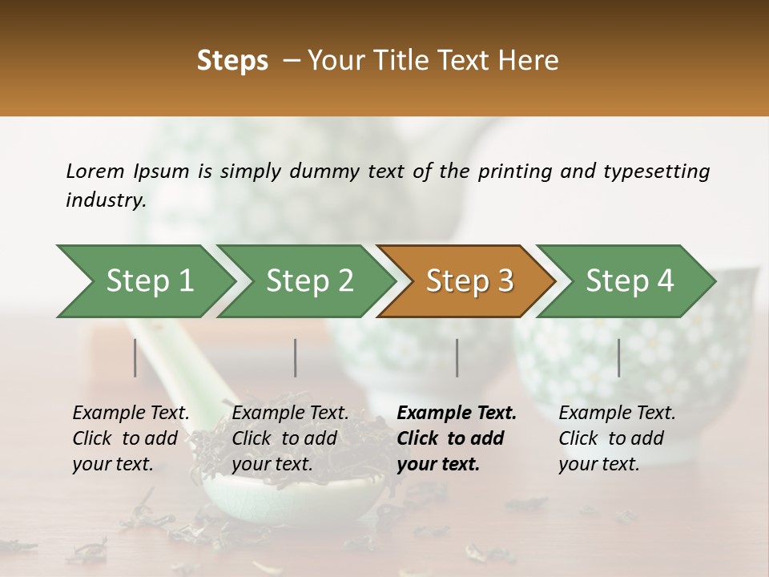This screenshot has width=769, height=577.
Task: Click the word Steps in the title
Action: tap(232, 61)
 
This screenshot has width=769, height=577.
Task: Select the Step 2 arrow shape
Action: tap(309, 281)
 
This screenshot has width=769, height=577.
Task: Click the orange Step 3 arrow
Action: tap(469, 281)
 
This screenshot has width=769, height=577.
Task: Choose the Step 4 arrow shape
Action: tap(630, 281)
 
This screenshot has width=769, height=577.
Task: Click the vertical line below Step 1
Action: tap(135, 357)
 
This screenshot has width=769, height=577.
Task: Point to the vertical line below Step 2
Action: tap(296, 357)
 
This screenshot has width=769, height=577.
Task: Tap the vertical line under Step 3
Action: tap(457, 357)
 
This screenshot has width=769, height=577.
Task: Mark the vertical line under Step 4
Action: tap(619, 357)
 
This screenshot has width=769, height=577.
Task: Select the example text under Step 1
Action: tap(131, 438)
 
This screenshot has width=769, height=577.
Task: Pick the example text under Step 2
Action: tap(290, 438)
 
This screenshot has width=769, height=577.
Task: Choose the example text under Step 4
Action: tap(617, 438)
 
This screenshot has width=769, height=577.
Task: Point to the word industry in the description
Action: tap(105, 200)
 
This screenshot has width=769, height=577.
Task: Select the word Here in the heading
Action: tap(532, 61)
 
